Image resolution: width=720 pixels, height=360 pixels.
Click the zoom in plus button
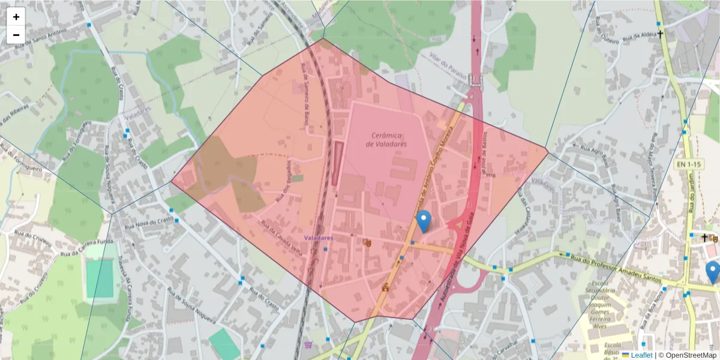tap(16, 17)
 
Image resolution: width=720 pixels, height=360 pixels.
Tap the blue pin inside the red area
tap(424, 221)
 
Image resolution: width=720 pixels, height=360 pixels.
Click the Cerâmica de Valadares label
tap(386, 140)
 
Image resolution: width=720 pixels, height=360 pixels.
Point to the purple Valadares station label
tap(318, 238)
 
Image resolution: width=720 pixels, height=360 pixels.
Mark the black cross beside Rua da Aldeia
tap(661, 34)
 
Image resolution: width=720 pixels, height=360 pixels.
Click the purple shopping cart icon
tap(308, 345)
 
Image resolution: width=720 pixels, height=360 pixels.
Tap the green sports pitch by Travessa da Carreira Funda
tap(100, 279)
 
